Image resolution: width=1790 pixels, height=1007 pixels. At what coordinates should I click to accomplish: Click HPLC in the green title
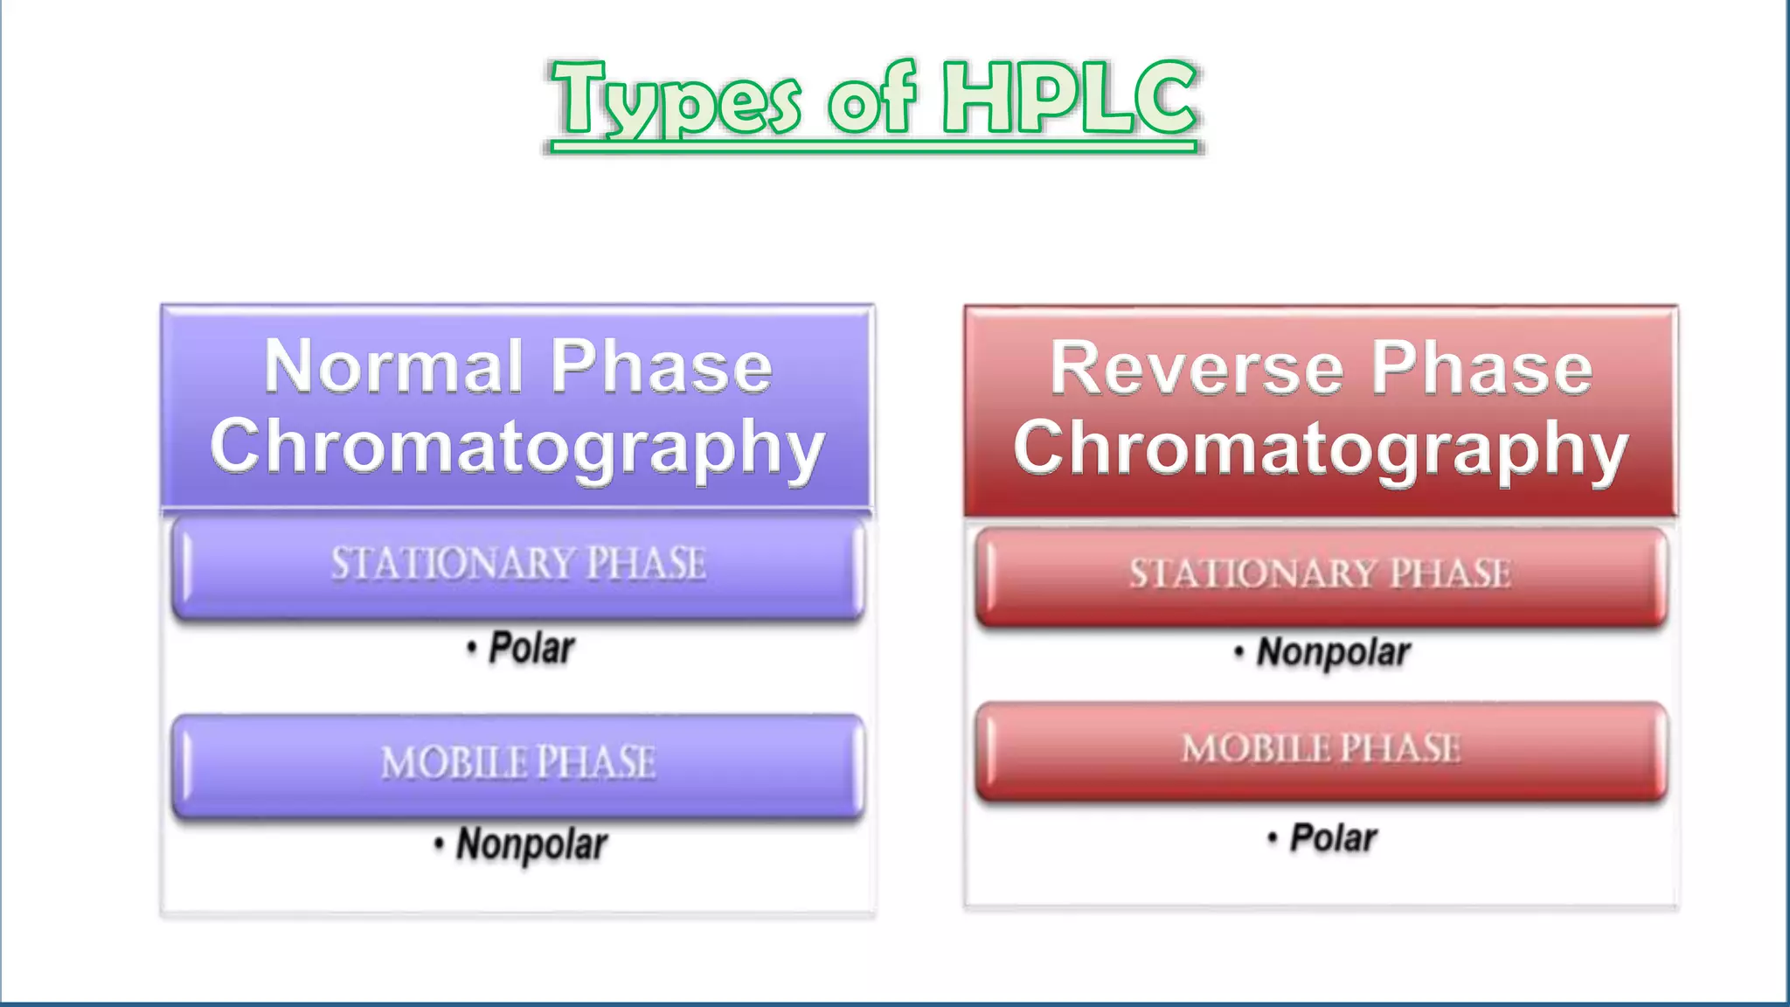[1068, 98]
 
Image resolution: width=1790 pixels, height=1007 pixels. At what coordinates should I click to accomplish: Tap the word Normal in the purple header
[392, 366]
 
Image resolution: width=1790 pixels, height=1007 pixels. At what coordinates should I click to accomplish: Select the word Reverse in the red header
[1197, 368]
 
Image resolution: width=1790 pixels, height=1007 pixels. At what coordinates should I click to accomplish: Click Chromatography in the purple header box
[517, 447]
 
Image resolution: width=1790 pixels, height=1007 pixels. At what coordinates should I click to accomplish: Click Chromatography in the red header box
[1321, 448]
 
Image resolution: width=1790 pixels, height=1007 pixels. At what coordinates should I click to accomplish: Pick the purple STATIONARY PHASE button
[517, 566]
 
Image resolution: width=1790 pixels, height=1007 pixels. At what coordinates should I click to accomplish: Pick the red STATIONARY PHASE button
[1321, 575]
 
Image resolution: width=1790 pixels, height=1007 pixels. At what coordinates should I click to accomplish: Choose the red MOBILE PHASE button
[1321, 750]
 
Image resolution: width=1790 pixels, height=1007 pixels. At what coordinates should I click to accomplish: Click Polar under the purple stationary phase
[531, 649]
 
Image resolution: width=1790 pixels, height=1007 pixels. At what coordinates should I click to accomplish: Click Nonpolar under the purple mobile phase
[531, 844]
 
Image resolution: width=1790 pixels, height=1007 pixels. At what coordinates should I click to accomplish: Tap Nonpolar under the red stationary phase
[1333, 652]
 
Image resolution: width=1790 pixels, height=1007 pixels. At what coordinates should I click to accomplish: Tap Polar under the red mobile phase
[1333, 838]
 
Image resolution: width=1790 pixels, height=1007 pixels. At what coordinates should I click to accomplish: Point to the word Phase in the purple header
[661, 366]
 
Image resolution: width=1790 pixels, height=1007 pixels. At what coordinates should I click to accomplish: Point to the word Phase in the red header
[1481, 368]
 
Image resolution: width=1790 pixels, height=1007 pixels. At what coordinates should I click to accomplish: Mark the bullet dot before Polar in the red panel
[1273, 839]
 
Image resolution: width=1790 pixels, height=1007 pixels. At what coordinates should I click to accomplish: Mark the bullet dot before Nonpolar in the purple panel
[439, 844]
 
